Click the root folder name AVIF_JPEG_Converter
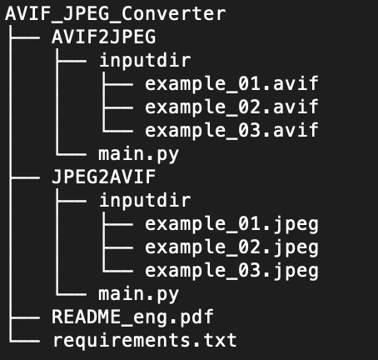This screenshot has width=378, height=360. [116, 13]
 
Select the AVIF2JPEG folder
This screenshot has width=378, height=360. [104, 37]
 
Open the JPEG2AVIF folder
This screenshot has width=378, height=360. [104, 177]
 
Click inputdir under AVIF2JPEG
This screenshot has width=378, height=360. [145, 60]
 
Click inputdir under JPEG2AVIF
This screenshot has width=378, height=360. [145, 200]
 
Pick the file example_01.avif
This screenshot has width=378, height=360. [231, 83]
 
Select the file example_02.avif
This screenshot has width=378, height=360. [231, 107]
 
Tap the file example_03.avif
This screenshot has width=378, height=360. [231, 130]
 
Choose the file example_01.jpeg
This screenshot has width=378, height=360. [231, 224]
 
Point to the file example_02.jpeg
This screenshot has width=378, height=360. [231, 247]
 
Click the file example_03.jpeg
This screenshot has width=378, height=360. [231, 271]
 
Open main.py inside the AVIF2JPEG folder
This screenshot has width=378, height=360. [138, 154]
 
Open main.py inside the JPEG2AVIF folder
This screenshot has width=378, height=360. [138, 294]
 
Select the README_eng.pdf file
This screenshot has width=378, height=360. [132, 317]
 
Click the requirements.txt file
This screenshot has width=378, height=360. [145, 340]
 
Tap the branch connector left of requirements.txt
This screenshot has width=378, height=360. [24, 341]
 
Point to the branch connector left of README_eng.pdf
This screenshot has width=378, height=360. [24, 317]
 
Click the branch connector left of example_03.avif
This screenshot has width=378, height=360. [117, 131]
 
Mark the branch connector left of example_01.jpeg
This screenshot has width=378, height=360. [117, 224]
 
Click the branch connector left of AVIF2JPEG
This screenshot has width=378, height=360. [24, 37]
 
